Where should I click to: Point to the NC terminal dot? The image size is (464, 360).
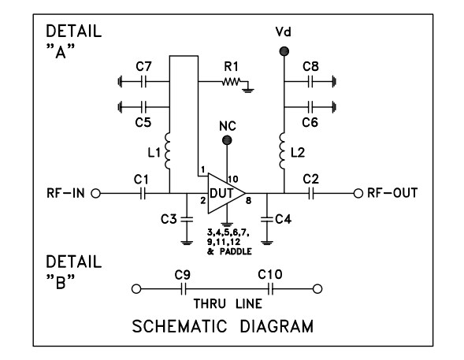click(227, 140)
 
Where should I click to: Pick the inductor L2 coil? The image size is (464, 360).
click(283, 150)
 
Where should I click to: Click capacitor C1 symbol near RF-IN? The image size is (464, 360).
click(143, 193)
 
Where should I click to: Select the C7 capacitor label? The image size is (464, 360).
click(143, 66)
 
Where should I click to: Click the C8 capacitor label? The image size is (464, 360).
click(311, 66)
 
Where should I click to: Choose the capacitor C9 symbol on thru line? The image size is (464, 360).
click(183, 289)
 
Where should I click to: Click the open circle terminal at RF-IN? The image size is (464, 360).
click(98, 193)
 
